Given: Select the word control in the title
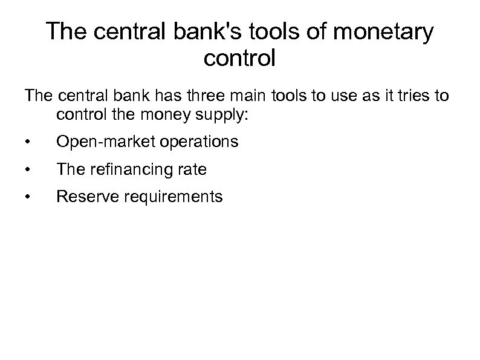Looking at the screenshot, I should click(240, 58).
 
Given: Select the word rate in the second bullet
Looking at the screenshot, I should click(193, 170).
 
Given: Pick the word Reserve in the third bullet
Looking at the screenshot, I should click(84, 197).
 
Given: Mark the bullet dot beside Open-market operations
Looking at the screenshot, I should click(28, 143).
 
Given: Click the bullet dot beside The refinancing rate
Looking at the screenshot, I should click(28, 170).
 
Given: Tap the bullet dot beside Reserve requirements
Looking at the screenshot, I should click(28, 197).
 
